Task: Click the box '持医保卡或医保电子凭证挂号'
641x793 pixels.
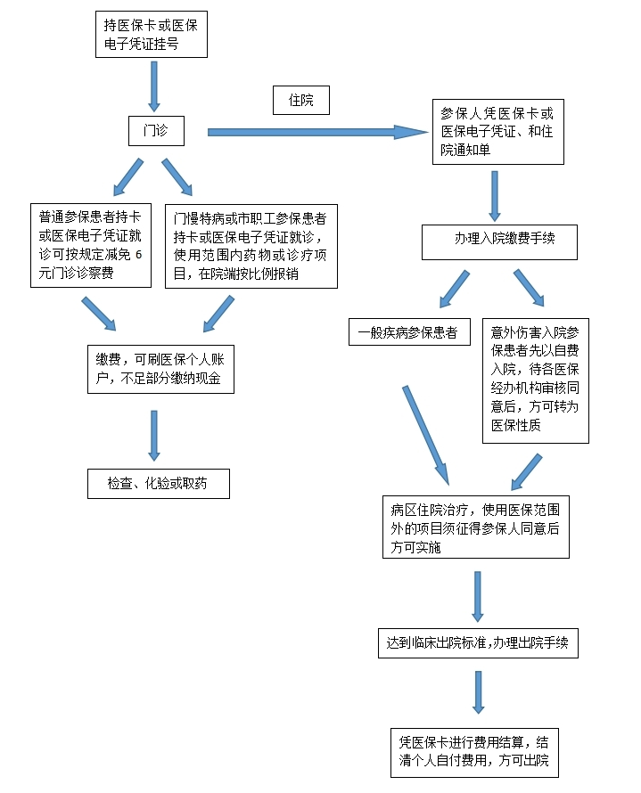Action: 152,35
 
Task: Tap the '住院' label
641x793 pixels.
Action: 300,100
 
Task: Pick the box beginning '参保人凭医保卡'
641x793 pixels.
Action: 498,132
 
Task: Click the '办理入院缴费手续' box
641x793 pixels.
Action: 500,241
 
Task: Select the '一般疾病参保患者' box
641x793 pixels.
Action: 408,332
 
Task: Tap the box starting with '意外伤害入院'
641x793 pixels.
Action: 535,380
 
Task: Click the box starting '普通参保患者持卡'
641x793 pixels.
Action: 93,245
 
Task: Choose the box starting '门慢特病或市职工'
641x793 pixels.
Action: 251,245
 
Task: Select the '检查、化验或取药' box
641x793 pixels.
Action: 158,483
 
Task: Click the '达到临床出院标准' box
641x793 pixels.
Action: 477,642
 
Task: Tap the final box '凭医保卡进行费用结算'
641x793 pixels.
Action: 479,752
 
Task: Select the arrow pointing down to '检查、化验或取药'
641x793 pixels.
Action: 154,435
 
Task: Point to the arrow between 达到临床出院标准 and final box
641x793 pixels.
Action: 479,691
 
